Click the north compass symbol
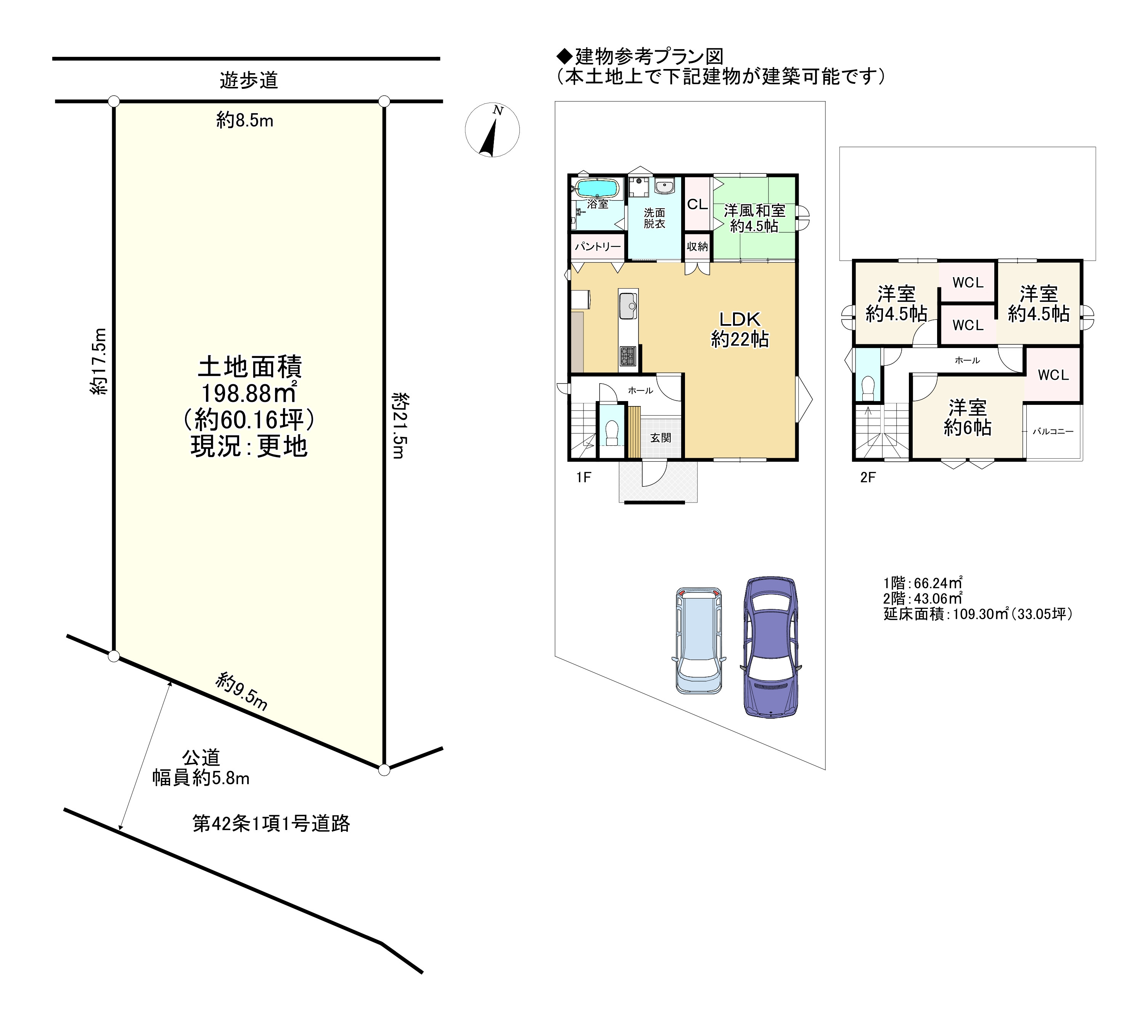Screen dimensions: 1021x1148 pos(492,130)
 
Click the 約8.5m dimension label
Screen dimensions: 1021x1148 pos(245,120)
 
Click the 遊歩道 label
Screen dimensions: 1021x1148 pos(248,81)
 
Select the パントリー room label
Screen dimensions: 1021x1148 pos(598,246)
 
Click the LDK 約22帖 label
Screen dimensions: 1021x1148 pos(740,329)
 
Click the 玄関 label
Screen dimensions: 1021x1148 pos(661,437)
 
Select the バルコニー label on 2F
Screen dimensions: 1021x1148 pos(1053,432)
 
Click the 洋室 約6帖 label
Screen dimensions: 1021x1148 pos(967,417)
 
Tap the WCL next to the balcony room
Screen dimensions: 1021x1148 pos(1053,375)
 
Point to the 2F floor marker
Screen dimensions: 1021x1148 pos(868,478)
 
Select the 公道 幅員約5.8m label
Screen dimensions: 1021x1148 pos(201,768)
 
